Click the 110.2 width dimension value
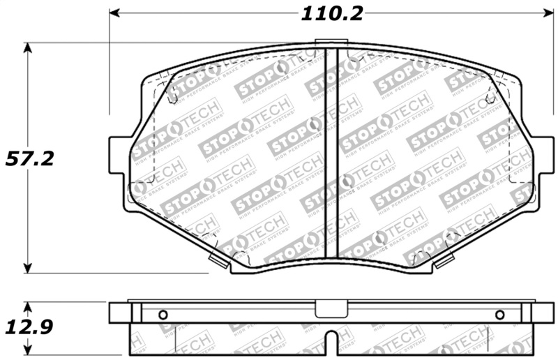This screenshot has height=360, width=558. [x=332, y=13]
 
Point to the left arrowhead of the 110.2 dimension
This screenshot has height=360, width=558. [x=116, y=14]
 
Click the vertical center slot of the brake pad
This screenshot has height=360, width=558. [x=332, y=153]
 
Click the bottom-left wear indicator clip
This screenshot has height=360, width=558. [x=219, y=262]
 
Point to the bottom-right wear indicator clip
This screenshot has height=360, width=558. [x=444, y=262]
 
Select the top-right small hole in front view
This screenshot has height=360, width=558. [x=490, y=98]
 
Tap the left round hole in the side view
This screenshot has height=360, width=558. [x=163, y=314]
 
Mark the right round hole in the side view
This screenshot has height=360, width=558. [x=499, y=315]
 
